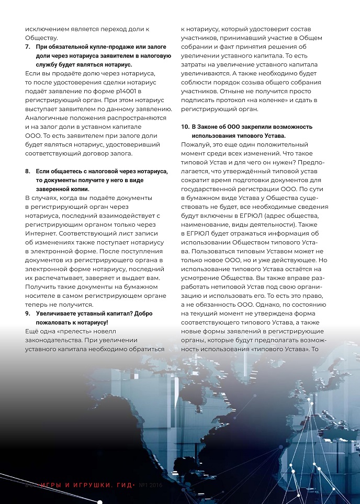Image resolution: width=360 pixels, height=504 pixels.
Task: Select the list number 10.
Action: point(185,127)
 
